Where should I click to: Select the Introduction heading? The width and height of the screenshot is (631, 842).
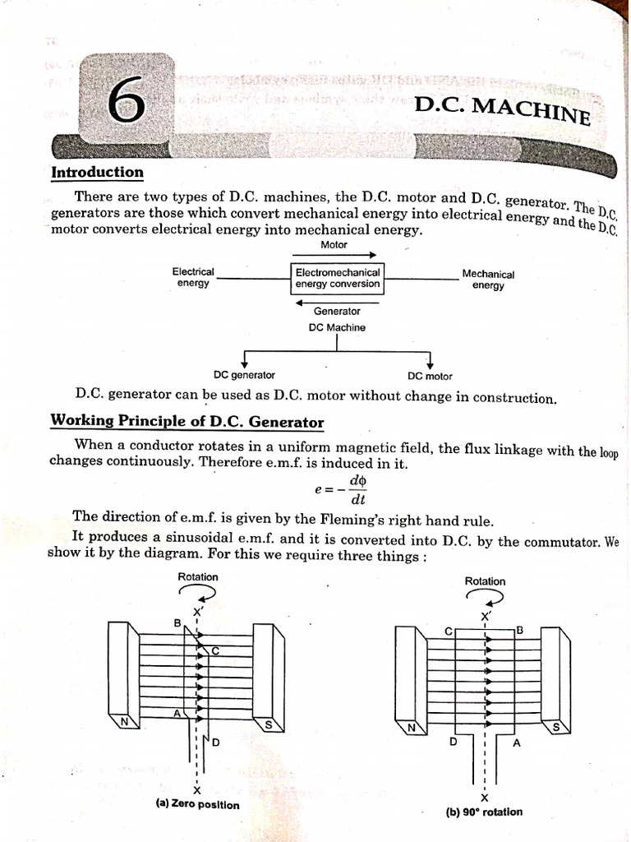click(97, 173)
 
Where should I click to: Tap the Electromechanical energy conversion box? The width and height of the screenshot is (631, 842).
click(338, 278)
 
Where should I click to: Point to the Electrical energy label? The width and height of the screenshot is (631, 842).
click(193, 277)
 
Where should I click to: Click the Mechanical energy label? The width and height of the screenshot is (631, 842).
click(488, 280)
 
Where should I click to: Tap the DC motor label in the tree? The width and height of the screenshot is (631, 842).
click(430, 377)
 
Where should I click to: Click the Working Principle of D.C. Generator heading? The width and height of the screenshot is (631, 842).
click(187, 422)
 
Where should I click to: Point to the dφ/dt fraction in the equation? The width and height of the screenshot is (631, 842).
click(357, 490)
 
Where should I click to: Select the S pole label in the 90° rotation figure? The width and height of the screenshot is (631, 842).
click(556, 727)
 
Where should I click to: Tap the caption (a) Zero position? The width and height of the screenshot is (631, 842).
click(197, 804)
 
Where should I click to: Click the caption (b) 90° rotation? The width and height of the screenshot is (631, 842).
click(484, 812)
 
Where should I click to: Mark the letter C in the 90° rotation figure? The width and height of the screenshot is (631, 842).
click(449, 631)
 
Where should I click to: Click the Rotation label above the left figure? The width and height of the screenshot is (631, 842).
click(198, 577)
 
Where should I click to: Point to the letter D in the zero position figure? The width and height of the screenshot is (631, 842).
click(217, 743)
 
